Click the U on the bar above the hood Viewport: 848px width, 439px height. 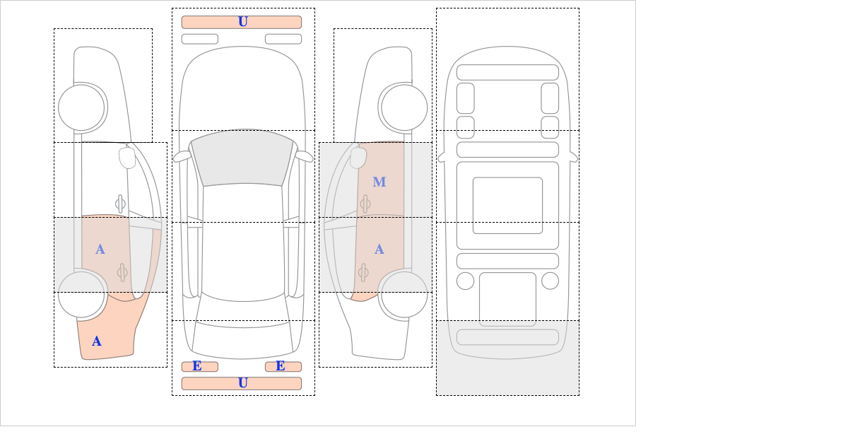242,22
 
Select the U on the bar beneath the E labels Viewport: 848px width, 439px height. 242,383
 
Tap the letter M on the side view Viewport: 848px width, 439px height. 379,182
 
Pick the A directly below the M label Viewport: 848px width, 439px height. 379,250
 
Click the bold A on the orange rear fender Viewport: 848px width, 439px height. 97,341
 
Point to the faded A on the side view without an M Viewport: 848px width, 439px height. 100,250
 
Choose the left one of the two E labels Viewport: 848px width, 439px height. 197,366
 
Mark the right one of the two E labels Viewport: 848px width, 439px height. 281,366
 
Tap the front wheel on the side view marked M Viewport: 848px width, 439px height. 404,107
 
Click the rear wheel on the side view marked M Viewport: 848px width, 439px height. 404,294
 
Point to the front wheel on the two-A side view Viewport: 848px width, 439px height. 81,107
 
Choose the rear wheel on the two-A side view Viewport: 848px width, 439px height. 81,294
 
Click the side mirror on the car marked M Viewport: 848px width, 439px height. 358,158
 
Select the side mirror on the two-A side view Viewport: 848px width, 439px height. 127,158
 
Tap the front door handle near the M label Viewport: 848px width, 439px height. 365,204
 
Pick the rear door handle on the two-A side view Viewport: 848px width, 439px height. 122,272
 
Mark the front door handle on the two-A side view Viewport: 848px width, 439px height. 120,204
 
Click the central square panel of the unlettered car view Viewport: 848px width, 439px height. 507,205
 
